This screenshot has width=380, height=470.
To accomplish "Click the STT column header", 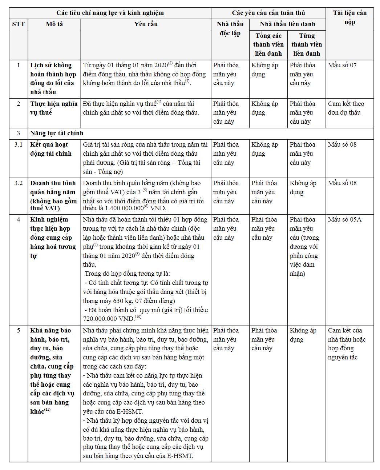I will (x=19, y=24).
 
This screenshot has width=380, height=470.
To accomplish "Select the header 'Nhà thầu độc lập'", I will (x=230, y=29).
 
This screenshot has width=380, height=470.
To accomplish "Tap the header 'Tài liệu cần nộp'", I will (x=349, y=17).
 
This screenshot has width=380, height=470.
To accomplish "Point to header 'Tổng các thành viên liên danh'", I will (x=268, y=45).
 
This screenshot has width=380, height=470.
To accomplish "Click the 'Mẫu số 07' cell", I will (x=342, y=65).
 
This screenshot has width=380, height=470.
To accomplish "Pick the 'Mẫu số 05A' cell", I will (x=344, y=220).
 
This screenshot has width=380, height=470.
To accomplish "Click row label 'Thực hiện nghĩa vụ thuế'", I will (x=54, y=108).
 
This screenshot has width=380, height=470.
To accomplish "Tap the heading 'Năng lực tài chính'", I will (x=57, y=134).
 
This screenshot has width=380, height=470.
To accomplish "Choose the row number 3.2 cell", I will (x=19, y=183).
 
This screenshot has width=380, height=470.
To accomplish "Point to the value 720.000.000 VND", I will (x=109, y=319).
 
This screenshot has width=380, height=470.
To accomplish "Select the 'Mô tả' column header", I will (x=54, y=24).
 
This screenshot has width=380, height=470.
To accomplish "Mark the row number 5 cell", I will (x=19, y=331).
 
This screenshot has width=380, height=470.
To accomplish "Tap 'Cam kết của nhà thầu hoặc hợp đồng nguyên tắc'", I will (x=347, y=344).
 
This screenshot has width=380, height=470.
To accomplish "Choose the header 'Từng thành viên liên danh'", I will (x=307, y=45).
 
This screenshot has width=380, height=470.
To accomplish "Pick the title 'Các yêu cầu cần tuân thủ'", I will (x=268, y=13).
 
